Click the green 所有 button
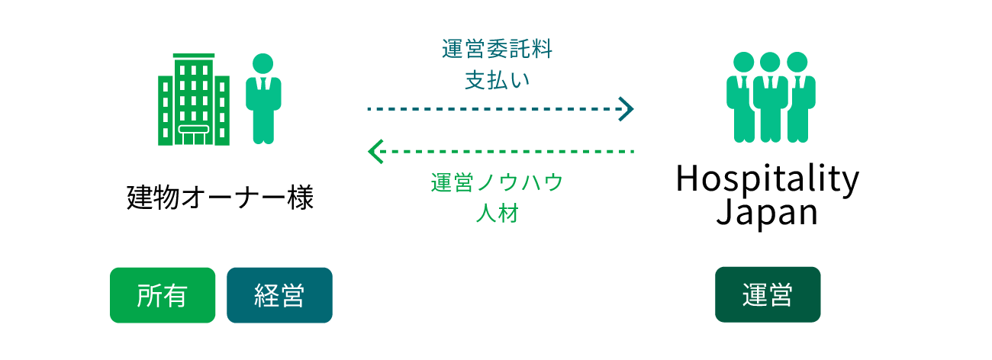(163, 295)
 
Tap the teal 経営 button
(279, 295)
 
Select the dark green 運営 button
(768, 294)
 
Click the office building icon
(193, 100)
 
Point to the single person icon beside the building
(263, 100)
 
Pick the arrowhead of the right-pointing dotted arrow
(627, 109)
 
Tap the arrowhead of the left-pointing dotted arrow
(374, 152)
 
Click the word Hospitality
(767, 180)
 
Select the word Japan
(767, 212)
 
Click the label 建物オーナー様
(220, 198)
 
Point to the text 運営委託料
(497, 50)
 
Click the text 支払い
(497, 80)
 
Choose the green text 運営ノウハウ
(497, 183)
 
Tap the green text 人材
(497, 214)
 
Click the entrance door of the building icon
(193, 134)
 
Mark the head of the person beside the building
(263, 63)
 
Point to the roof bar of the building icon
(193, 56)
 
